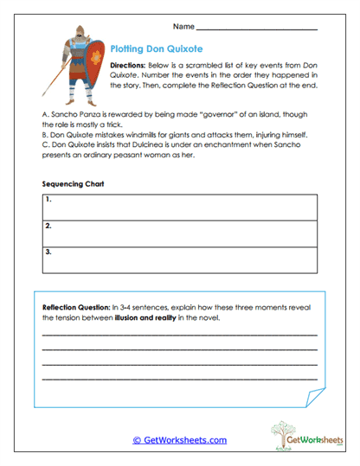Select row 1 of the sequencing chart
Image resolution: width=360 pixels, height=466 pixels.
coord(179,207)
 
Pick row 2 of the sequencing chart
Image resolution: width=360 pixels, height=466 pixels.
coord(179,233)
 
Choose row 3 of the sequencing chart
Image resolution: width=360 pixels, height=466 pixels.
coord(179,260)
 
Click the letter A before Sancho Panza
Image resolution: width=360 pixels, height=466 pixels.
coord(44,113)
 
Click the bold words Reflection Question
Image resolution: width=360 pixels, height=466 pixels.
coord(74,307)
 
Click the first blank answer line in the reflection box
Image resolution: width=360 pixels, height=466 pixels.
coord(179,335)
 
